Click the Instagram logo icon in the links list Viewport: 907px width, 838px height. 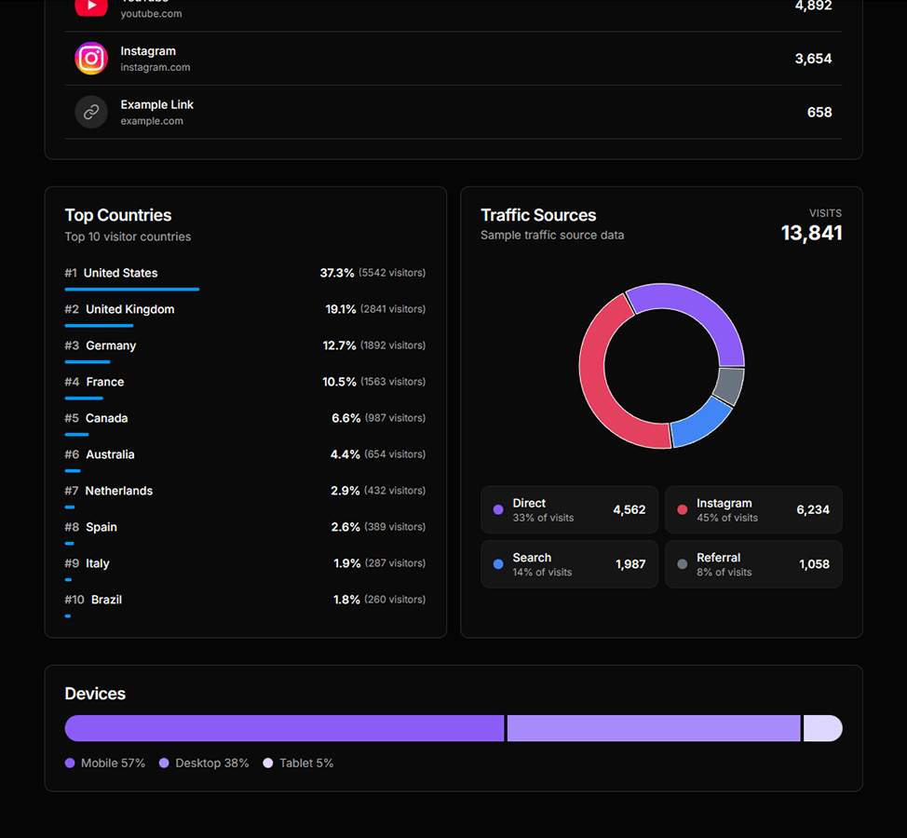pyautogui.click(x=91, y=59)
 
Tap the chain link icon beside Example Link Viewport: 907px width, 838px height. pyautogui.click(x=91, y=113)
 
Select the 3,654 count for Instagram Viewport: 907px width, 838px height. pyautogui.click(x=813, y=59)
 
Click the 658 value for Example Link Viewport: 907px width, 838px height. pyautogui.click(x=819, y=113)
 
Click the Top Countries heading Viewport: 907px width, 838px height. pyautogui.click(x=118, y=215)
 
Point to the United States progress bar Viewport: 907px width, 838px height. pyautogui.click(x=131, y=290)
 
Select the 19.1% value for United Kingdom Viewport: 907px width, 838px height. pyautogui.click(x=341, y=309)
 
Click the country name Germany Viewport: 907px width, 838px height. pyautogui.click(x=111, y=345)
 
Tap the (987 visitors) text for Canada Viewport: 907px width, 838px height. pyautogui.click(x=395, y=418)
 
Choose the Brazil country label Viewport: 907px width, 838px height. pyautogui.click(x=106, y=600)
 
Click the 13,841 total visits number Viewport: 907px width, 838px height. pyautogui.click(x=811, y=233)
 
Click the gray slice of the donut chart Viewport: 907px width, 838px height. pyautogui.click(x=730, y=386)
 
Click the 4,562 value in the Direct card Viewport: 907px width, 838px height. pyautogui.click(x=629, y=510)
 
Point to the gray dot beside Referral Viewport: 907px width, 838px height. pyautogui.click(x=683, y=564)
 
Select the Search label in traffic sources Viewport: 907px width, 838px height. pyautogui.click(x=532, y=558)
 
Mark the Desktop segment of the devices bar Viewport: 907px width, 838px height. pyautogui.click(x=653, y=728)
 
